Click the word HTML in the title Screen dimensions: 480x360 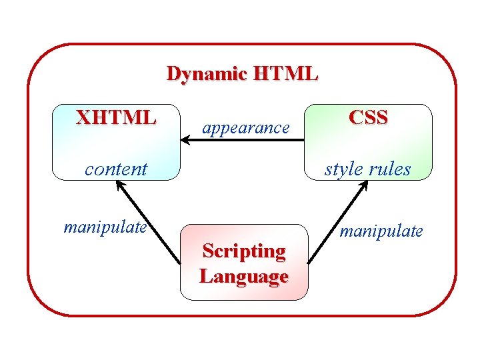coord(285,74)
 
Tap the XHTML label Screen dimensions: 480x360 coord(116,119)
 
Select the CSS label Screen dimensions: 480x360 coord(368,118)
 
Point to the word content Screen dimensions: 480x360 coord(116,169)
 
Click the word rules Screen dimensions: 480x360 coord(390,169)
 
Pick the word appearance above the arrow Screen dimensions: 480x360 coord(246,127)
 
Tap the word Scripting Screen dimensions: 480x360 coord(244,251)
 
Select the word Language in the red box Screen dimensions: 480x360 coord(244,276)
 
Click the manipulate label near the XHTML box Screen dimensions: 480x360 coord(105,227)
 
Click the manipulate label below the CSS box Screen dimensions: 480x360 coord(381,231)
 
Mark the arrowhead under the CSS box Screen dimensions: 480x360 coord(365,186)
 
